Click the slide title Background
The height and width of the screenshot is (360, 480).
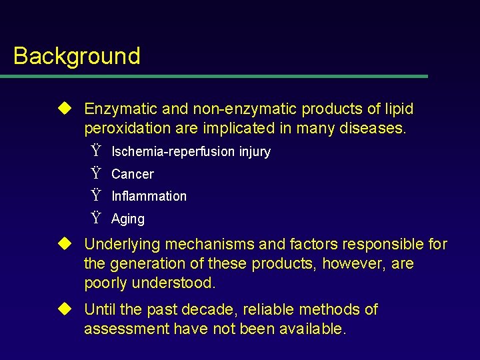77,56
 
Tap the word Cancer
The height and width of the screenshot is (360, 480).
132,174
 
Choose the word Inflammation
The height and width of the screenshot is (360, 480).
149,196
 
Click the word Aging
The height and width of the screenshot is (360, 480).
127,219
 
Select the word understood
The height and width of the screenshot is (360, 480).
173,283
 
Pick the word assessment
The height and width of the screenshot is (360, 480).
126,329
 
